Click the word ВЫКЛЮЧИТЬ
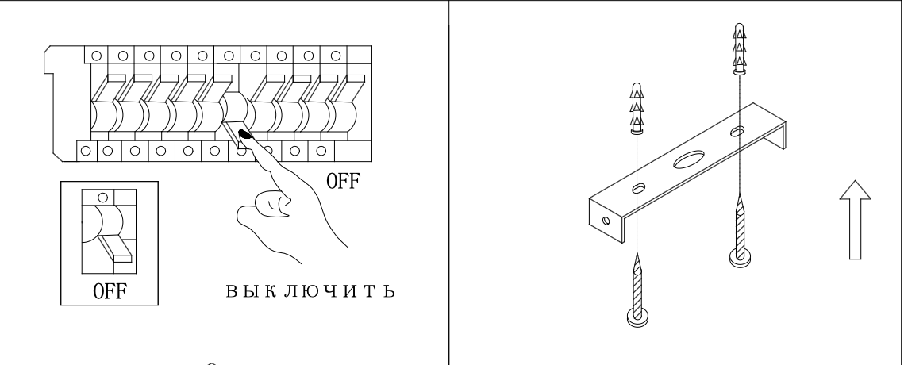pyautogui.click(x=310, y=290)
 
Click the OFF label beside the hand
pyautogui.click(x=343, y=181)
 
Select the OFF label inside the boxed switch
pyautogui.click(x=110, y=291)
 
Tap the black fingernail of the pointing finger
pyautogui.click(x=245, y=135)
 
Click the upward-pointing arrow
pyautogui.click(x=855, y=220)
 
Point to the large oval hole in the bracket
pyautogui.click(x=689, y=159)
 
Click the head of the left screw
pyautogui.click(x=637, y=317)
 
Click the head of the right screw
pyautogui.click(x=741, y=257)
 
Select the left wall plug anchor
pyautogui.click(x=637, y=109)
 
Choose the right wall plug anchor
pyautogui.click(x=740, y=49)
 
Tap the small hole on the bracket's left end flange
pyautogui.click(x=606, y=221)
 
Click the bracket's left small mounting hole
pyautogui.click(x=639, y=189)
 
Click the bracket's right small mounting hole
pyautogui.click(x=737, y=132)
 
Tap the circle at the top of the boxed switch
pyautogui.click(x=102, y=198)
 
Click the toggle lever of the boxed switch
pyautogui.click(x=115, y=248)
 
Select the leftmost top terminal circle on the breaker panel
pyautogui.click(x=96, y=56)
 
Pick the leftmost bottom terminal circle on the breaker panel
pyautogui.click(x=86, y=151)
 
